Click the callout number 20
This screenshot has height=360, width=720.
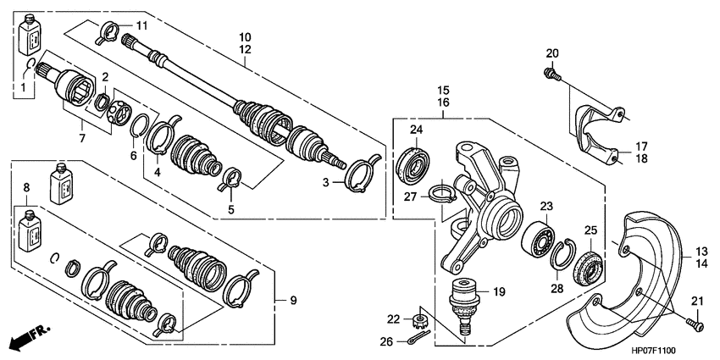tap(552, 53)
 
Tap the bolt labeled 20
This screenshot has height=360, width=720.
tap(552, 75)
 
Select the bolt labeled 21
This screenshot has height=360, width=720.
tap(695, 324)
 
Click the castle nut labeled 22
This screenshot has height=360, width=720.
tap(418, 319)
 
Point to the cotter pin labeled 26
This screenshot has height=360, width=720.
tap(418, 337)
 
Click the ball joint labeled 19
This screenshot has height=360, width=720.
tap(465, 304)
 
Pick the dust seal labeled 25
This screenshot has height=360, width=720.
tap(589, 269)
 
